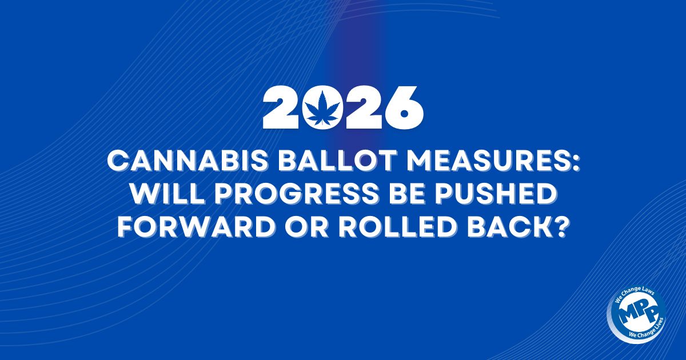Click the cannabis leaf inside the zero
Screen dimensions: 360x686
tap(325, 107)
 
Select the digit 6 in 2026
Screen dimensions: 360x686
tap(402, 108)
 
